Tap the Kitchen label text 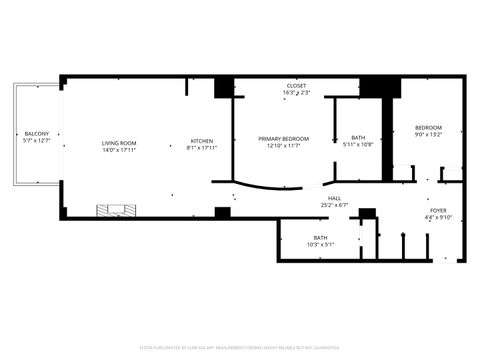click(202, 141)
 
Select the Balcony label click(35, 133)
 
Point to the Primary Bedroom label click(284, 138)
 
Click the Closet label click(297, 86)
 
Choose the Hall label click(334, 198)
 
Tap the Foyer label click(439, 210)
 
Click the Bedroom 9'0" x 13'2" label click(428, 127)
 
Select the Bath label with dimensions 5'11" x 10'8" click(358, 138)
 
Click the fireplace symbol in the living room click(114, 210)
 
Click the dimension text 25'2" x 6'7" click(334, 205)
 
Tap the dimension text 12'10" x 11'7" click(284, 145)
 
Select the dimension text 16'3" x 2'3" click(297, 93)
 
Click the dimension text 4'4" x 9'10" click(439, 217)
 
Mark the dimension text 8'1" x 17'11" click(202, 148)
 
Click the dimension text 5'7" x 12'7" click(35, 140)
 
